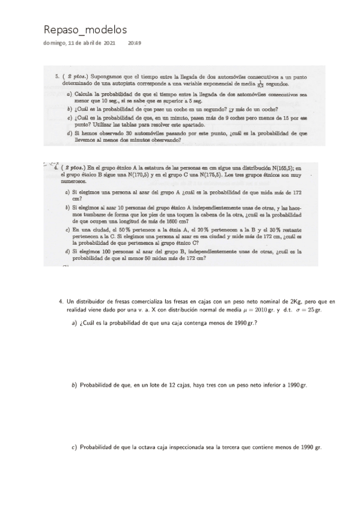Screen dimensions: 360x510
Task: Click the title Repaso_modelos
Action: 85,29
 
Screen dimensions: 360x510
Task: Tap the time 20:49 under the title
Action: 135,43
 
